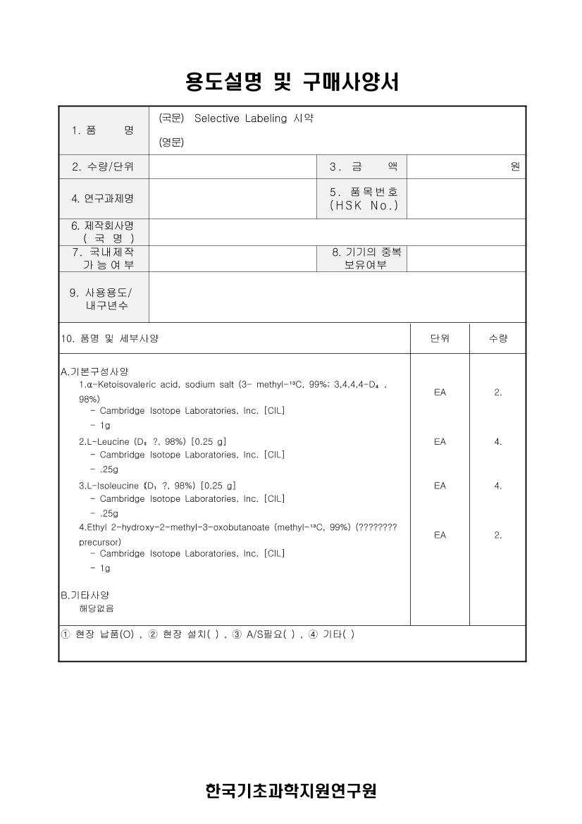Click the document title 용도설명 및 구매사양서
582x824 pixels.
click(x=292, y=82)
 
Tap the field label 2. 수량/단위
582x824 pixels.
click(x=103, y=167)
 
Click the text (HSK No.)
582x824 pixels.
click(x=364, y=206)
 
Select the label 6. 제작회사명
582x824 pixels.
click(x=103, y=226)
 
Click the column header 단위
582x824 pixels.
click(x=440, y=338)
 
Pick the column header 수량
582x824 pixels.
click(x=497, y=338)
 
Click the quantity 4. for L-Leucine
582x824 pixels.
click(x=497, y=442)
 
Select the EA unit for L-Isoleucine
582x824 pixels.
click(x=440, y=486)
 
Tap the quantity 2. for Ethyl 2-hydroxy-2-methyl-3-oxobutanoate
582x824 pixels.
click(x=497, y=535)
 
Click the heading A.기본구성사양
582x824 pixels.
click(x=94, y=371)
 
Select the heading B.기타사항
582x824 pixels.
click(x=85, y=595)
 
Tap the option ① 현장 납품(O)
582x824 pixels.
click(x=98, y=634)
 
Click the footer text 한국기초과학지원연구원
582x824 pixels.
click(x=291, y=790)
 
